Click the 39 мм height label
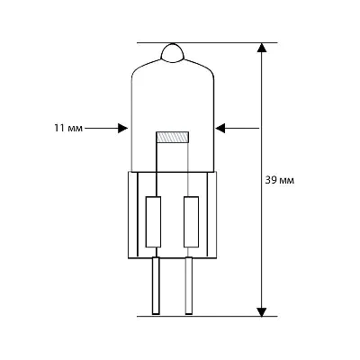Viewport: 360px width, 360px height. pos(280,181)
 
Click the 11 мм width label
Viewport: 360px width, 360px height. pos(68,129)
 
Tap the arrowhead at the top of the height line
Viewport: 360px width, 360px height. pos(262,48)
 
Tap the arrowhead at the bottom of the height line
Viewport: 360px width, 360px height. pos(262,311)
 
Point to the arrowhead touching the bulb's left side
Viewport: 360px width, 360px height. pos(123,129)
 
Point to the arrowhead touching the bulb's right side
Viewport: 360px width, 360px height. pos(220,129)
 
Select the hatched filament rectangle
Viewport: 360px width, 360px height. pos(173,137)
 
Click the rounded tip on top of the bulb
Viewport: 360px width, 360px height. pos(172,53)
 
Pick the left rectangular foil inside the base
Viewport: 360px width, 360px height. pos(153,221)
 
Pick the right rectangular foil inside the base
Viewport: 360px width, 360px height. pos(191,221)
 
